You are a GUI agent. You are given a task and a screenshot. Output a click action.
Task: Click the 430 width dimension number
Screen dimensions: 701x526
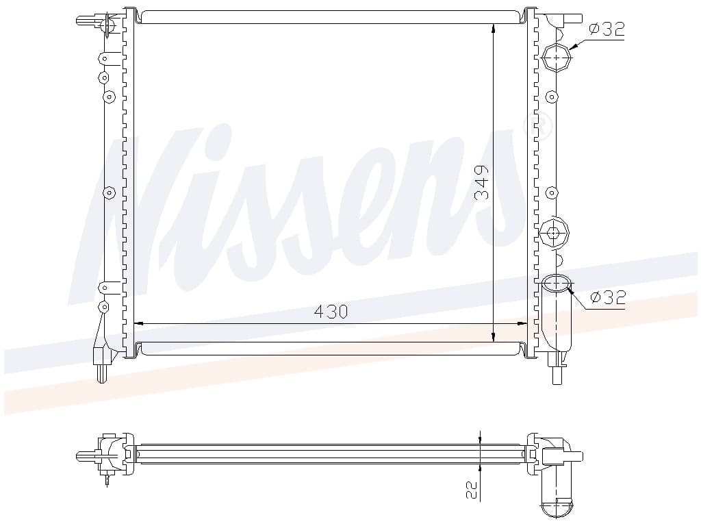click(x=331, y=312)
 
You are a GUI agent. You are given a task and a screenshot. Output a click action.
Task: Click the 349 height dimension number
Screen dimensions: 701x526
click(x=482, y=182)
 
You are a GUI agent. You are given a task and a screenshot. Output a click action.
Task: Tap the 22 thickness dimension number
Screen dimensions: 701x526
click(x=472, y=490)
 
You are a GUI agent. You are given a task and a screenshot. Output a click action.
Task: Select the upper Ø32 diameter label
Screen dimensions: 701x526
click(x=607, y=29)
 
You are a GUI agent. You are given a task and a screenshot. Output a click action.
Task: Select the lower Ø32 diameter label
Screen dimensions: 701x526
click(x=608, y=297)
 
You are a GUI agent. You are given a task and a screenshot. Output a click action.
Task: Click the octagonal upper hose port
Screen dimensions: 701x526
click(x=556, y=58)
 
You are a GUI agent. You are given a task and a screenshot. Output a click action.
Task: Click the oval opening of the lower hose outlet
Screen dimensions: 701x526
click(x=557, y=284)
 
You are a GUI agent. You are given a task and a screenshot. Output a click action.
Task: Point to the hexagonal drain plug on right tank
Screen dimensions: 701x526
click(x=555, y=233)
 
